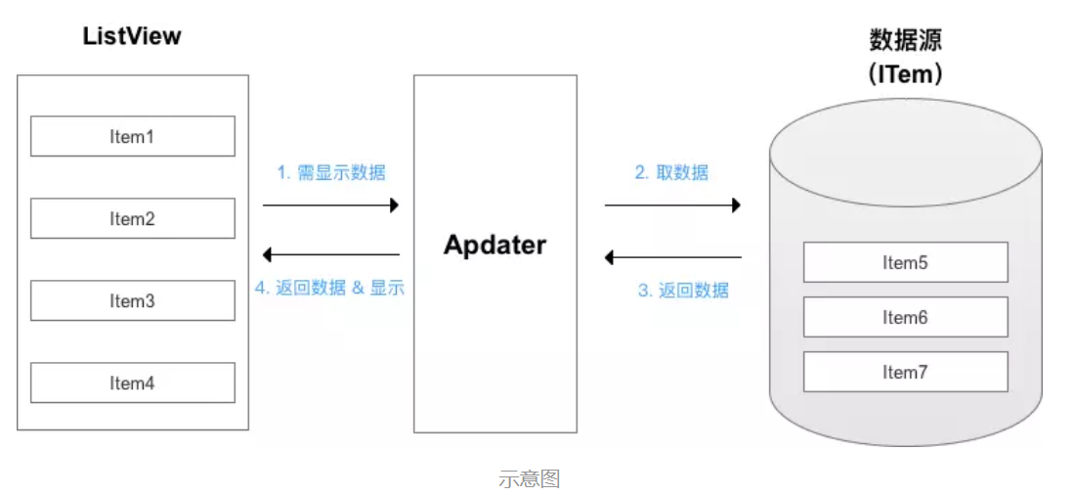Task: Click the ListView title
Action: pyautogui.click(x=132, y=36)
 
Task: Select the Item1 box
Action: pyautogui.click(x=132, y=137)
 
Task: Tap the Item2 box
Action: pyautogui.click(x=132, y=219)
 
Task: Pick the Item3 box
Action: pyautogui.click(x=132, y=301)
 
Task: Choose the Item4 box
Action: pyautogui.click(x=132, y=383)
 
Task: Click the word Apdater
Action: pyautogui.click(x=494, y=245)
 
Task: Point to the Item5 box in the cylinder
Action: pyautogui.click(x=905, y=262)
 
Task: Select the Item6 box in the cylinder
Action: pyautogui.click(x=905, y=317)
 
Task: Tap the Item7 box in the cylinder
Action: pyautogui.click(x=905, y=372)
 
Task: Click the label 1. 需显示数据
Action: pyautogui.click(x=331, y=173)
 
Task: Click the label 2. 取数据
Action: pyautogui.click(x=671, y=173)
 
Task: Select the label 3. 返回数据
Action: pyautogui.click(x=683, y=291)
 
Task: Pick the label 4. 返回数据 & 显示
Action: pyautogui.click(x=329, y=289)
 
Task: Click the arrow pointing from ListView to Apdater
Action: pyautogui.click(x=331, y=205)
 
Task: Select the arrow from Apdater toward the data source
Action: pyautogui.click(x=672, y=205)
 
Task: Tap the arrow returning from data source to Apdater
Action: pyautogui.click(x=672, y=257)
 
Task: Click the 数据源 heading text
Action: pyautogui.click(x=905, y=40)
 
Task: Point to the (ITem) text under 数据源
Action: pyautogui.click(x=905, y=74)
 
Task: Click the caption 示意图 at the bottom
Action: pyautogui.click(x=529, y=479)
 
